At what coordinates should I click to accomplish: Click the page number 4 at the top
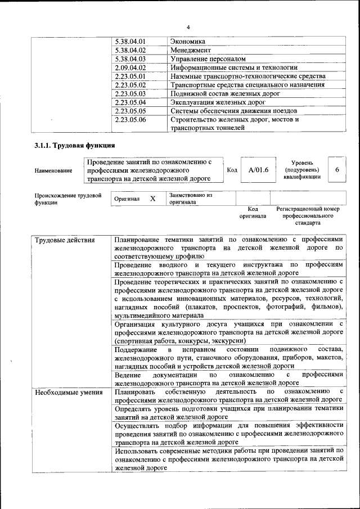coord(188,27)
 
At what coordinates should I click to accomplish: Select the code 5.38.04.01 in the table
coord(130,42)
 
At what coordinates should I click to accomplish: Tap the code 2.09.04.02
coord(130,67)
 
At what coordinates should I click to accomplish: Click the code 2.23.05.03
coord(130,93)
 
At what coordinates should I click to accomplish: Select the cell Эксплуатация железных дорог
coord(214,102)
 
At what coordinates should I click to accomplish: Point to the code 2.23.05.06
coord(130,120)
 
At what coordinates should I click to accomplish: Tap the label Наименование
coord(53,170)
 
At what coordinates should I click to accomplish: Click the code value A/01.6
coord(259,170)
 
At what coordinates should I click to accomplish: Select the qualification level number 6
coord(336,170)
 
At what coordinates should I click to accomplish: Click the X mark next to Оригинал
coord(152,199)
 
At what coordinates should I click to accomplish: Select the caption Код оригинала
coord(253,212)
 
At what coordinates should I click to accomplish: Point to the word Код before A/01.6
coord(232,170)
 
